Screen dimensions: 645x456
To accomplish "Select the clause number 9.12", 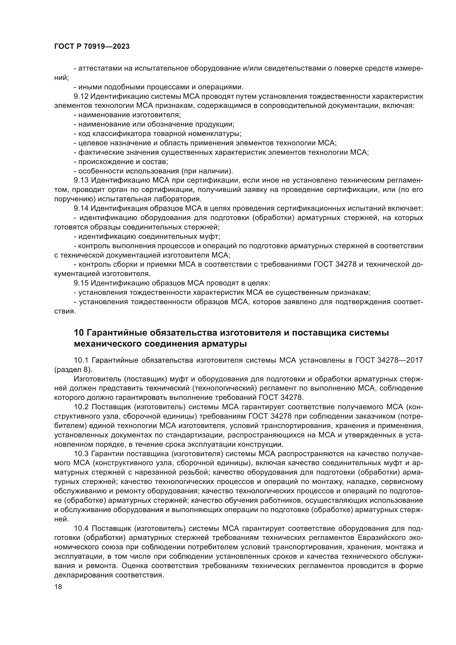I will point(81,96).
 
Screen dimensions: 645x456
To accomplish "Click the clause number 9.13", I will point(81,180).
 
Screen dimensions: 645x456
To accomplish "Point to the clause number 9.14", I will point(81,208).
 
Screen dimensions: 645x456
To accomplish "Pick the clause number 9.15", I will point(81,283).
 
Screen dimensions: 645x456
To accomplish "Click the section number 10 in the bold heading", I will point(79,333).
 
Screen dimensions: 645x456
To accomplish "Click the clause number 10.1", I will point(81,360).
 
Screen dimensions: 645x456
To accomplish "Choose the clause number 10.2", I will point(81,407).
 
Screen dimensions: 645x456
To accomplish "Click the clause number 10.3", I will point(81,454).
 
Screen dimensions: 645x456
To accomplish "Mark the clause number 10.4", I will point(81,528).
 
